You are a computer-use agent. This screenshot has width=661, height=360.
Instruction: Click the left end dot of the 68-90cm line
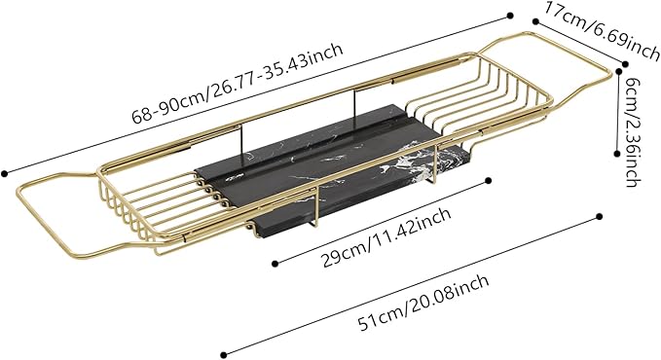[5, 174]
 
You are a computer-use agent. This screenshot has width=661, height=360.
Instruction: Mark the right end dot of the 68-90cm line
[509, 15]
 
